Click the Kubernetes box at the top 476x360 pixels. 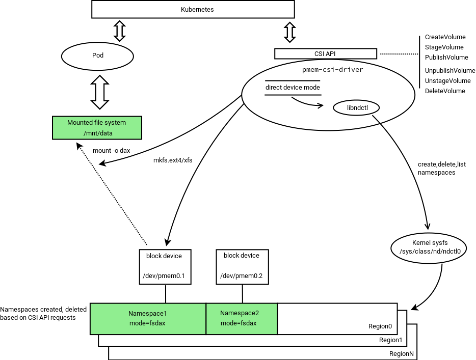tap(193, 10)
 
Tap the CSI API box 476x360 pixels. tap(325, 53)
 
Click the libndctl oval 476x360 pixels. tap(357, 108)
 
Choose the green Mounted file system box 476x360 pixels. tap(97, 128)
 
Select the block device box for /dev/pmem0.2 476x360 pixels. tap(242, 266)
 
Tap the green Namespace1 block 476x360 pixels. tap(148, 319)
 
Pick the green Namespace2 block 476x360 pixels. tap(242, 319)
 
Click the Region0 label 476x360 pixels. tap(380, 326)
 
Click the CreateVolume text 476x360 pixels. tap(445, 37)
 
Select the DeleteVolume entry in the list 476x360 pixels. tap(445, 91)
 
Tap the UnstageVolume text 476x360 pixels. tap(447, 81)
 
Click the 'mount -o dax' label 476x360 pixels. tap(111, 151)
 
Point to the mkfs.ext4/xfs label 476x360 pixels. tap(173, 161)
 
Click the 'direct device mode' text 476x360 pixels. tap(293, 88)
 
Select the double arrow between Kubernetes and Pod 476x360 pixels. tap(119, 31)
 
